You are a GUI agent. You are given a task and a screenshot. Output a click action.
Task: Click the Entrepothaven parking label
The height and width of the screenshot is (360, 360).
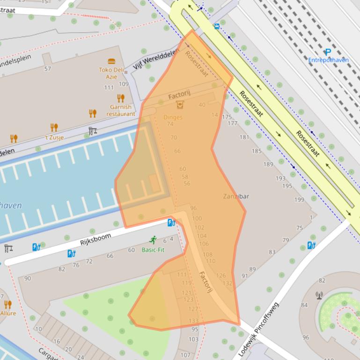point(328,60)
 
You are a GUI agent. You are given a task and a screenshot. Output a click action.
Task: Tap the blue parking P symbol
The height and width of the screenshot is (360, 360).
point(328,52)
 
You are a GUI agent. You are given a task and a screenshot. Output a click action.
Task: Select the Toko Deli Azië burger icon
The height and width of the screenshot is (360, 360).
point(111,62)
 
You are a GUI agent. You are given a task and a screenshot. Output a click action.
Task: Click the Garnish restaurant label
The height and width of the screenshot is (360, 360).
point(120,110)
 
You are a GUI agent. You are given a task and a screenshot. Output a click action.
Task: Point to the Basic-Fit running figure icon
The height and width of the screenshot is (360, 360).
point(153,240)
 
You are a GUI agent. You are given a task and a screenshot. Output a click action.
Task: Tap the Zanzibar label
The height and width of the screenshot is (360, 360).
point(236,196)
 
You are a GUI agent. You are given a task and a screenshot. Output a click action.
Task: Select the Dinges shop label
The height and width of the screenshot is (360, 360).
point(173,117)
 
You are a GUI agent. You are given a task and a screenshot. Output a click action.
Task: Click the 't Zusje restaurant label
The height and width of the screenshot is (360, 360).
point(54,137)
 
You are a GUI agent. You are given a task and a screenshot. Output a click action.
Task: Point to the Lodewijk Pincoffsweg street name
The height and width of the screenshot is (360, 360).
point(259,330)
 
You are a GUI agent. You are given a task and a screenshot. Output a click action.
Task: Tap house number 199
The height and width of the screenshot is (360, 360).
point(299,200)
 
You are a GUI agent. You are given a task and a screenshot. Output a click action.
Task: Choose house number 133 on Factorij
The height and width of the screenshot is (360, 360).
point(193,321)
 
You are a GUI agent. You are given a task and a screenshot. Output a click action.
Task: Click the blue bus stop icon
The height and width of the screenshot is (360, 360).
point(217,27)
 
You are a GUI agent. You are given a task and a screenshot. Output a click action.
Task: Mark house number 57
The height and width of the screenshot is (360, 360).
point(47,69)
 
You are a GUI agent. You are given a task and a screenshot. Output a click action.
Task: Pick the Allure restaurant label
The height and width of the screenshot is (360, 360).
point(8,313)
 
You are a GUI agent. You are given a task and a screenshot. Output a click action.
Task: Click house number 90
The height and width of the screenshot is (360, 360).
point(28,279)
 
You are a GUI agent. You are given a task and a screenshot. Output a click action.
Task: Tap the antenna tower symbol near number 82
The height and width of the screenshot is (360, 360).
point(319,295)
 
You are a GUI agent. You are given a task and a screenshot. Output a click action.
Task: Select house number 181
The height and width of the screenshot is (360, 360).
point(244,137)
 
